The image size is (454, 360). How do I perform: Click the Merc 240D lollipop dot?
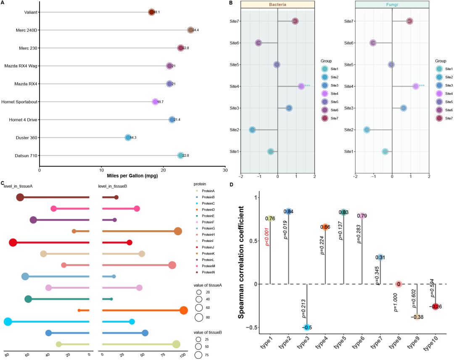[x=190, y=30]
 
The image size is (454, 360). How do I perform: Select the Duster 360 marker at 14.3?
[x=128, y=137]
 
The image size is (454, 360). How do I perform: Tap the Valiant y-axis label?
[x=30, y=12]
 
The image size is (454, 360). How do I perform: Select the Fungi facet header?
[x=392, y=4]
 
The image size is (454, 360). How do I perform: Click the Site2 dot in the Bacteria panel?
[x=252, y=130]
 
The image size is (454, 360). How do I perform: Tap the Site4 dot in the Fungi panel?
[x=416, y=86]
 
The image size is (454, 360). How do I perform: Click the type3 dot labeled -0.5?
[x=307, y=327]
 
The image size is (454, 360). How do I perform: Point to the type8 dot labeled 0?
[x=399, y=284]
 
